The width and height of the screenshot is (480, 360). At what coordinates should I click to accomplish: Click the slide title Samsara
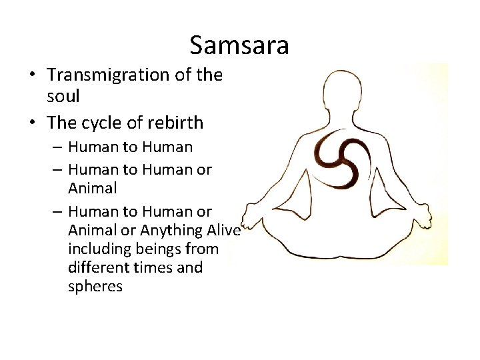coord(239,45)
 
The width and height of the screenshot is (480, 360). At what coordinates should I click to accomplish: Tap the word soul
coord(63,96)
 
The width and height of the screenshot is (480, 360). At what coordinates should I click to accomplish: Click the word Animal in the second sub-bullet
coord(92,188)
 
